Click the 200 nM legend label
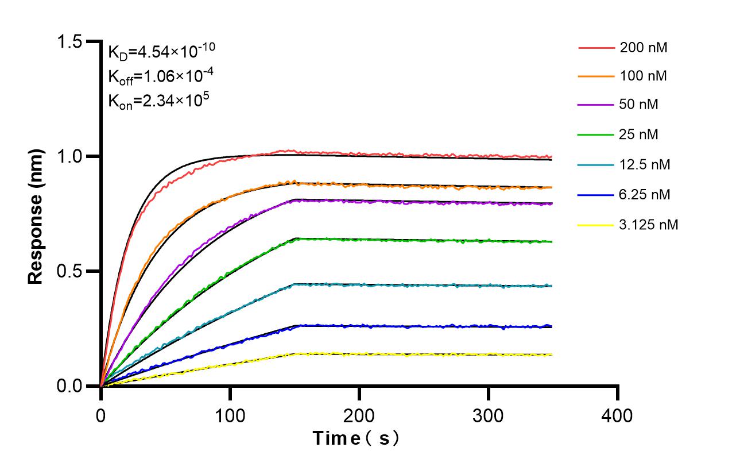[644, 48]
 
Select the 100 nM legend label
[644, 75]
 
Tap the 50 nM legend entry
[640, 105]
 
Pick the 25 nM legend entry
[640, 135]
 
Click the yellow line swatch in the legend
[595, 225]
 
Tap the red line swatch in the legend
[595, 48]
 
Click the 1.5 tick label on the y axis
[69, 42]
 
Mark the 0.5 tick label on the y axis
[69, 271]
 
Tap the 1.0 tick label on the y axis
[69, 156]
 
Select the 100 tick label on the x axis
[230, 415]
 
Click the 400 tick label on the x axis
[618, 415]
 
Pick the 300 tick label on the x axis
[489, 415]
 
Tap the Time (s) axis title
[357, 439]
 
